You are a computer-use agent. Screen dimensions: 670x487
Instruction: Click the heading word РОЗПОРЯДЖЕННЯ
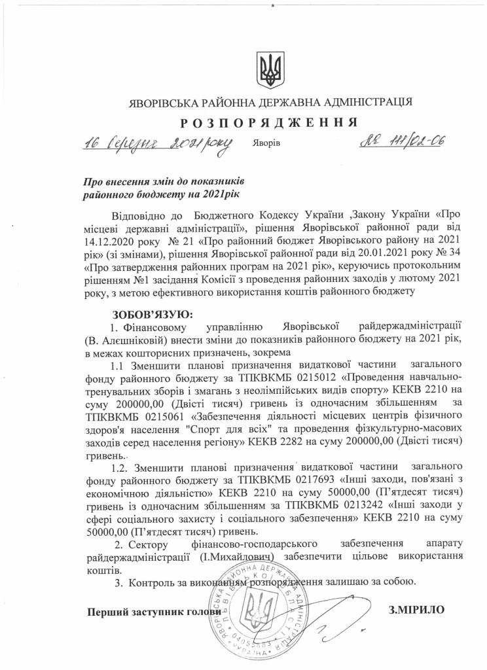click(x=268, y=122)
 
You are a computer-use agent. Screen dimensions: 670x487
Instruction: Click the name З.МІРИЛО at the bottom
click(x=416, y=609)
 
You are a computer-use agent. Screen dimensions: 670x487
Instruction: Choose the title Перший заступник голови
click(x=145, y=612)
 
